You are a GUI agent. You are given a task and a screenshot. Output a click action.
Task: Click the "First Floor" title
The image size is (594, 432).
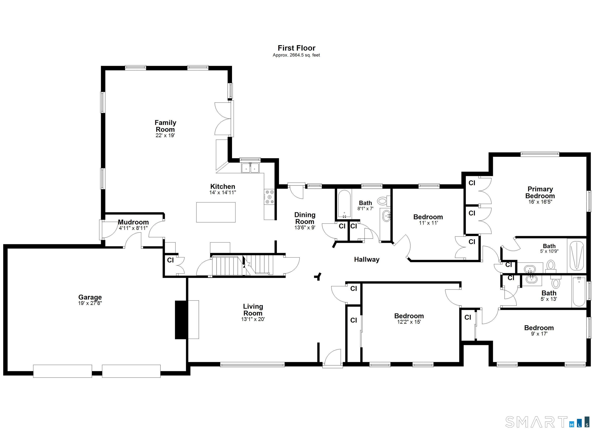coord(296,48)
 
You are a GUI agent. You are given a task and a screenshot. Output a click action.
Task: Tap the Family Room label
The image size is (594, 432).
coord(165,126)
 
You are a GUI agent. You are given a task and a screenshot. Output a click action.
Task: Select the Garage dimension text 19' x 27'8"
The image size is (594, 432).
coord(90,303)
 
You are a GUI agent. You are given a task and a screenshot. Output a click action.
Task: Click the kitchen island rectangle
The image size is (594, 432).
coord(216,212)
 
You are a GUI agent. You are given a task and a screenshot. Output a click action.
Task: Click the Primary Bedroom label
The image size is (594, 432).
coord(540,193)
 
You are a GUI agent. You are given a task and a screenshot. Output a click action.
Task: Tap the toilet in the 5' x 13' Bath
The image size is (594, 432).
coord(555,282)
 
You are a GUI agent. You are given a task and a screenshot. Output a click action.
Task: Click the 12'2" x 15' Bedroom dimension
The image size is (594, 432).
coord(409,322)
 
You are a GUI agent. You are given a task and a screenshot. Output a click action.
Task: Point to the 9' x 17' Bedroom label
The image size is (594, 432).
coord(539,328)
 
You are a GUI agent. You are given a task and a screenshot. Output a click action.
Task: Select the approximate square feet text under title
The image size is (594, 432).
coord(296,55)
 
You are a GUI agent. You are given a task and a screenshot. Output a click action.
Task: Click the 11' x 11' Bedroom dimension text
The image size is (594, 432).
coord(428,223)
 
